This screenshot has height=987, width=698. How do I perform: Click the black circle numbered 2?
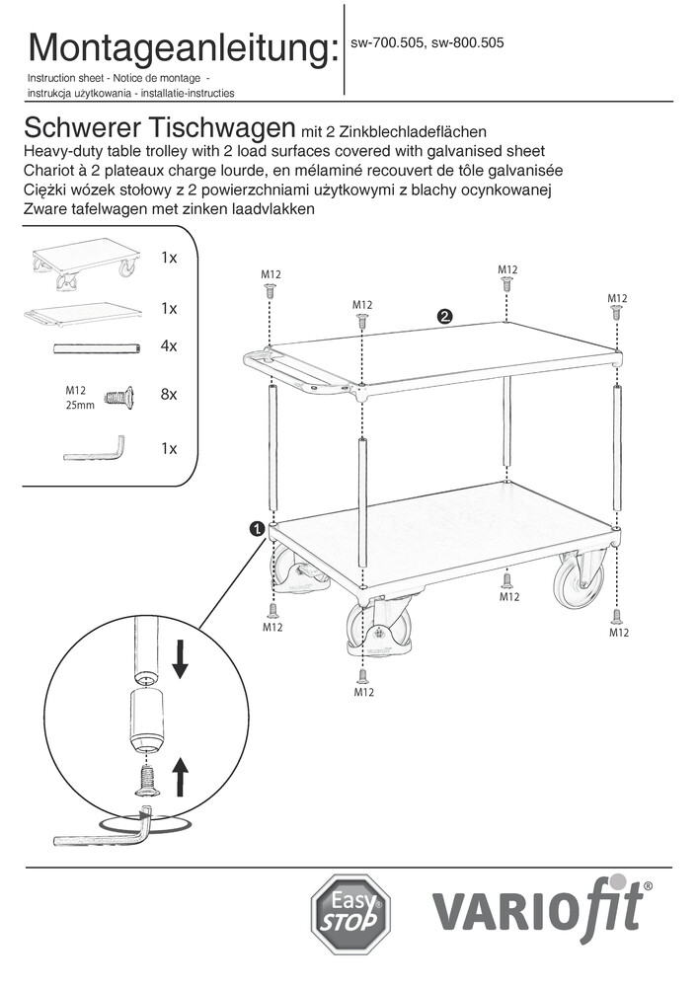(x=445, y=317)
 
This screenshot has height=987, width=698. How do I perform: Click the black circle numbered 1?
(x=257, y=529)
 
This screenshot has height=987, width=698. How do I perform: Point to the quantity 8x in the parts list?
(x=168, y=394)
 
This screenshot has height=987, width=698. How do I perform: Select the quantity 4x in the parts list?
(x=168, y=346)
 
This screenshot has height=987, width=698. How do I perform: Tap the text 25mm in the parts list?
(x=79, y=406)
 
